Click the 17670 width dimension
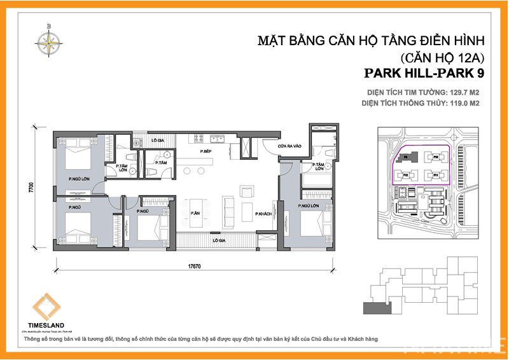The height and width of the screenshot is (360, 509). pyautogui.click(x=195, y=267)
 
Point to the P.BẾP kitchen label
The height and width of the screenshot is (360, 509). pyautogui.click(x=206, y=151)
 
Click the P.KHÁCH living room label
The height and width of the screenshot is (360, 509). pyautogui.click(x=264, y=214)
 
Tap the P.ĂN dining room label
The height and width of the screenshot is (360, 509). pyautogui.click(x=195, y=214)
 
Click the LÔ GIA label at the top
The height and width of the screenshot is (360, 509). pyautogui.click(x=158, y=140)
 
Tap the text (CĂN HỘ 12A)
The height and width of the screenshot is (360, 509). pyautogui.click(x=440, y=56)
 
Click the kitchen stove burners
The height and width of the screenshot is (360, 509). pyautogui.click(x=199, y=139)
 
